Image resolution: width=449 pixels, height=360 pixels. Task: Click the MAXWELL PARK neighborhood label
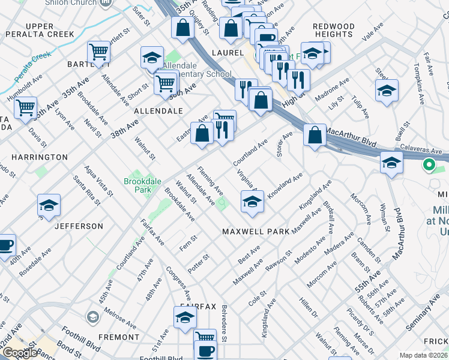coord(256,231)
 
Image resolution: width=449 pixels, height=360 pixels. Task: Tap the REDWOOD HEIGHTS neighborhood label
coord(334,31)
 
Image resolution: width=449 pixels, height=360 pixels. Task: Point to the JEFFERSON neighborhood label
coord(79,226)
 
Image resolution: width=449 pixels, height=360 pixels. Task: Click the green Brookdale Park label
coord(137,185)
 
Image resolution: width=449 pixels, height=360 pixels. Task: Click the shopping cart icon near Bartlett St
coord(98,52)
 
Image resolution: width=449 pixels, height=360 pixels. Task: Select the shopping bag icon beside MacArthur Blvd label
coord(315,135)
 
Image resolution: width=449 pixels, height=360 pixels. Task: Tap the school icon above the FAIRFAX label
coord(185,317)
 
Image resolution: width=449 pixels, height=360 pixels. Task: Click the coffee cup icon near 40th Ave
coord(5,245)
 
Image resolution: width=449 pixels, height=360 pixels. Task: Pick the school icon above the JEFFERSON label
coord(49,206)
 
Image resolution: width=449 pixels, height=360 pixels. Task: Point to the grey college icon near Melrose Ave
coord(92,316)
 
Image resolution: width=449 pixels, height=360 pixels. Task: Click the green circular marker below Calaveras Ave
coord(429,165)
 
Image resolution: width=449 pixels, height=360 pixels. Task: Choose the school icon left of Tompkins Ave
coord(387,91)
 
